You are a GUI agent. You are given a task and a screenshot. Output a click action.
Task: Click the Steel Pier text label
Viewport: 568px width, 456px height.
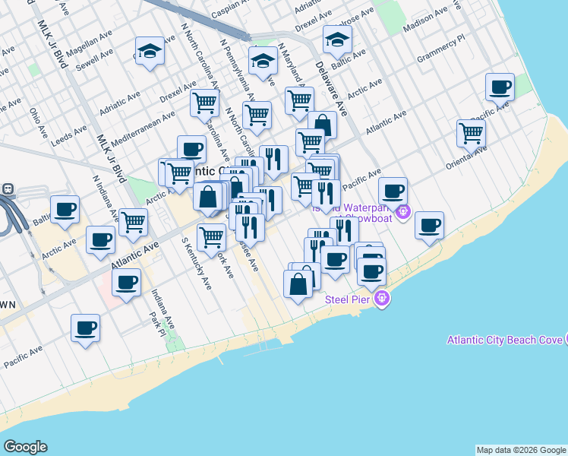(x=347, y=299)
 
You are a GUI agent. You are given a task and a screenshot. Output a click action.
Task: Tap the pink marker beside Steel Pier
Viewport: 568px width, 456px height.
(x=382, y=299)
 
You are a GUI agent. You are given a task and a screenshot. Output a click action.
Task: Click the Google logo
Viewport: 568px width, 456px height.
(x=25, y=447)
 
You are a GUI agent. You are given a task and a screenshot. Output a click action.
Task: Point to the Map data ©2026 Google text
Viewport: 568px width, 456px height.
(x=520, y=450)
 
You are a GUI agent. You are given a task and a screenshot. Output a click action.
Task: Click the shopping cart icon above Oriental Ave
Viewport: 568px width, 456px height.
(x=471, y=133)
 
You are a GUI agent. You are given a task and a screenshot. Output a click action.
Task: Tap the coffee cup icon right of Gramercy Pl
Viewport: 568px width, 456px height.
(x=500, y=87)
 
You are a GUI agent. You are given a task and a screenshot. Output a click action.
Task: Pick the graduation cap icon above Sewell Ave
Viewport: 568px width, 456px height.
(x=150, y=51)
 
